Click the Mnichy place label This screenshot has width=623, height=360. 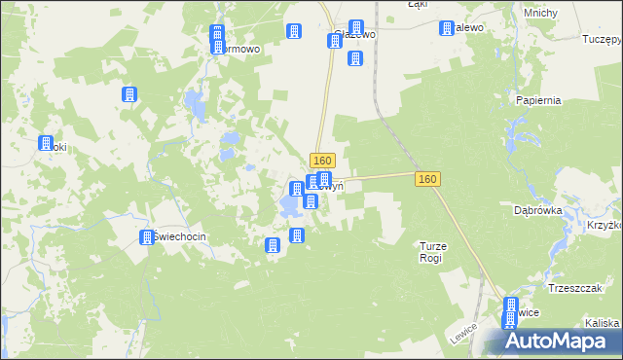(x=539, y=13)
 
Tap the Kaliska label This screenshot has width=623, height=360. (x=603, y=323)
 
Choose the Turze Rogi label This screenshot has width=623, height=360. (x=432, y=252)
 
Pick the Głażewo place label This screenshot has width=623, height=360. (x=354, y=34)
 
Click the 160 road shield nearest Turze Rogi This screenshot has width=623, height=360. (x=427, y=179)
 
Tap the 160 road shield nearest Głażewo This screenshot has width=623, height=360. (x=323, y=160)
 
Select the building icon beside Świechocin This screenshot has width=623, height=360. (x=147, y=237)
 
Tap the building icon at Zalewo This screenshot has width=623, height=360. (x=447, y=29)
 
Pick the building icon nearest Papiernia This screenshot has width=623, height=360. (x=447, y=29)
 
